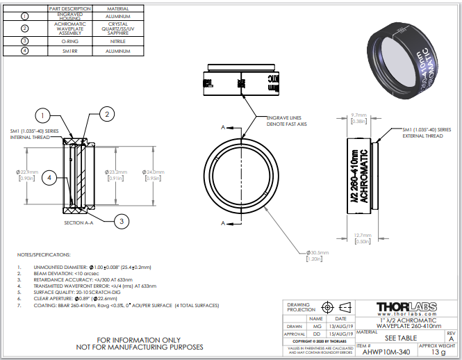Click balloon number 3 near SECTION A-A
(x=121, y=221)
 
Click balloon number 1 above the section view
(x=43, y=115)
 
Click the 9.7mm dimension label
(x=358, y=115)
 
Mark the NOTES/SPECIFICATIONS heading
(x=44, y=254)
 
